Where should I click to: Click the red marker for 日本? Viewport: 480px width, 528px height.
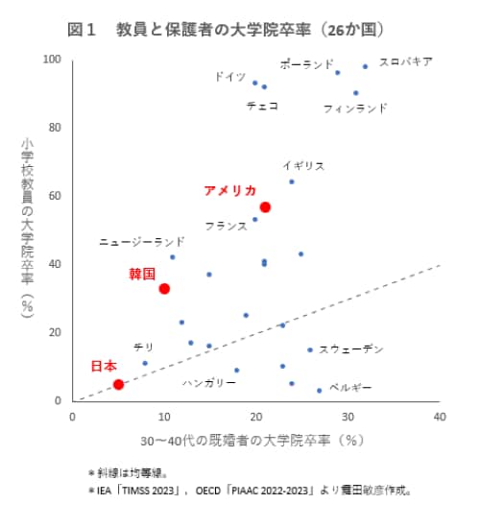[x=118, y=384]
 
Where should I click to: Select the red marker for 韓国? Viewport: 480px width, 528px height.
[x=164, y=289]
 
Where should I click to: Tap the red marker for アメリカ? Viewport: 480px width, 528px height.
[x=266, y=207]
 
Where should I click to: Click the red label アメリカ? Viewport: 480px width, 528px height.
[x=230, y=190]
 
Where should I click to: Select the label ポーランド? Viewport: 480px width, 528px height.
[x=307, y=63]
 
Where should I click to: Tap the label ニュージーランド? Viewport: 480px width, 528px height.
[x=142, y=243]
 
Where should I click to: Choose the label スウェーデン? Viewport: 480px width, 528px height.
[x=351, y=348]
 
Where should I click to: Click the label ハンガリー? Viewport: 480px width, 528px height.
[x=208, y=382]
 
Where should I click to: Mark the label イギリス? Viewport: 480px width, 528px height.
[x=303, y=165]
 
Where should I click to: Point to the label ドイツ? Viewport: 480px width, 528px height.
[x=229, y=76]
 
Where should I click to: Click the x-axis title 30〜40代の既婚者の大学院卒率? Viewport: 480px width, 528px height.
[x=251, y=441]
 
